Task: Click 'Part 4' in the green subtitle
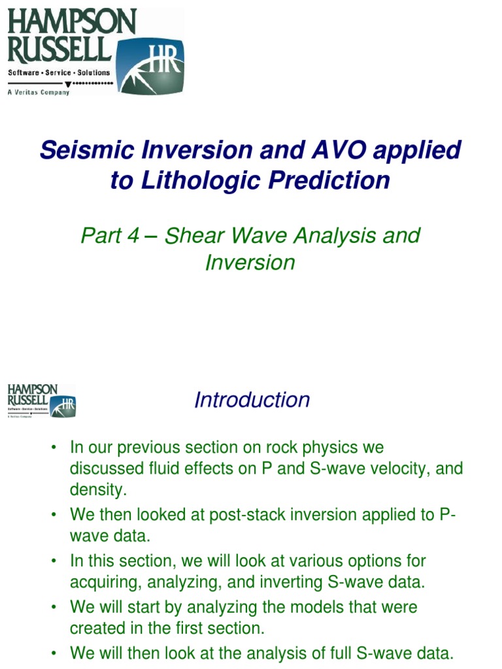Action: pyautogui.click(x=110, y=235)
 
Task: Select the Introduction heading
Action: pyautogui.click(x=252, y=400)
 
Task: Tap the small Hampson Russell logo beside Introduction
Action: pyautogui.click(x=41, y=400)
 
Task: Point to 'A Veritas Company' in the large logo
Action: pyautogui.click(x=38, y=93)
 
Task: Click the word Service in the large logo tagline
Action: pyautogui.click(x=58, y=73)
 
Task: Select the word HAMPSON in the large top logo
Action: pyautogui.click(x=72, y=22)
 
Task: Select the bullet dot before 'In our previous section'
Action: pyautogui.click(x=55, y=448)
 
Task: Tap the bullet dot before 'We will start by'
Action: pyautogui.click(x=55, y=608)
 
